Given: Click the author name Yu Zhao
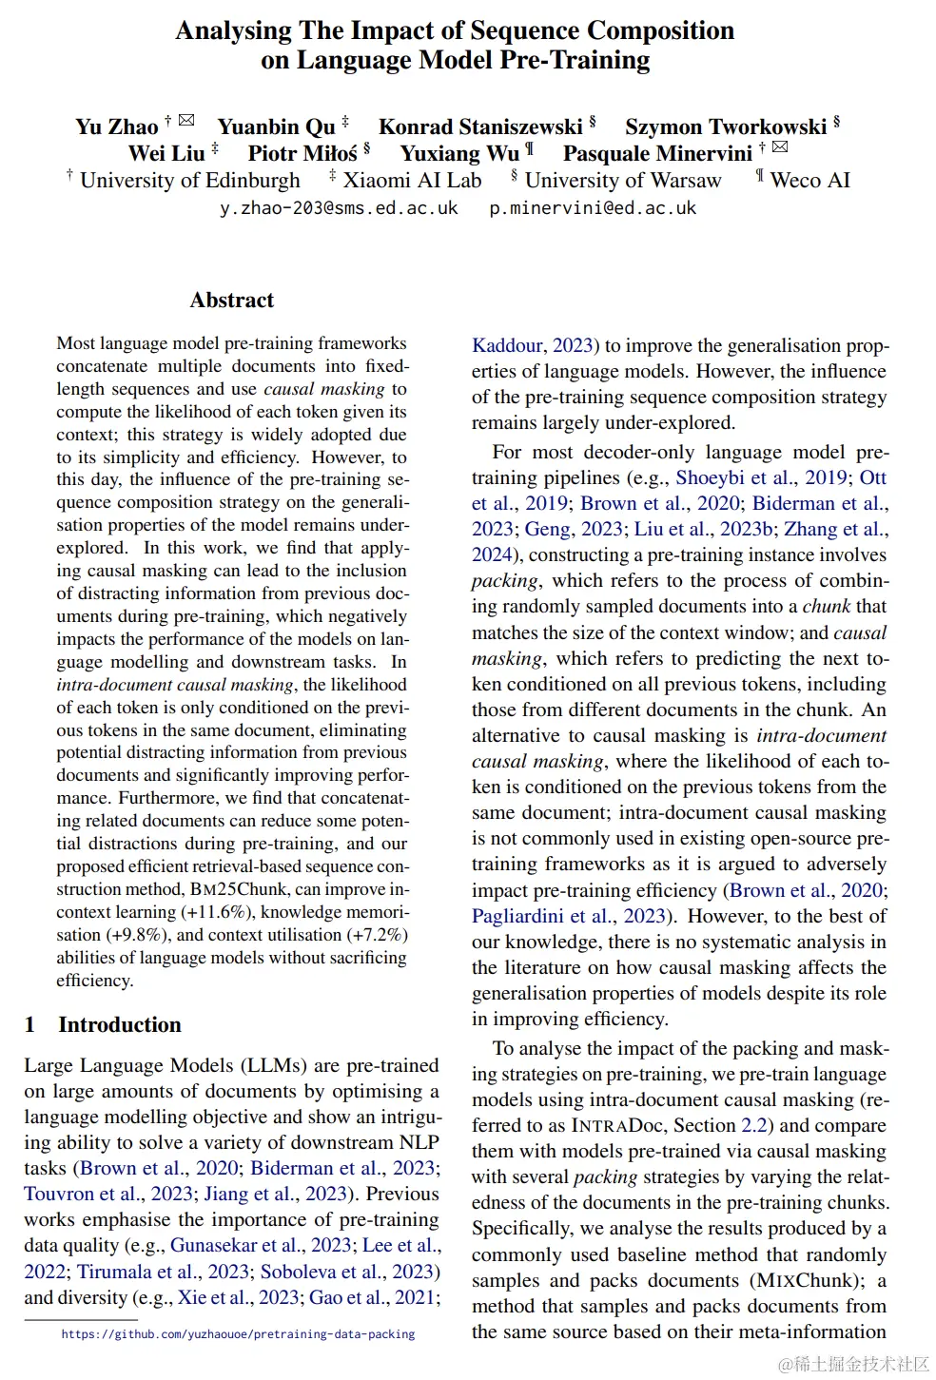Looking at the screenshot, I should pyautogui.click(x=117, y=127).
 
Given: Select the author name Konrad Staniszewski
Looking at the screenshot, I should pyautogui.click(x=480, y=127).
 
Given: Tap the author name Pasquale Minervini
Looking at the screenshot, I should pyautogui.click(x=657, y=154).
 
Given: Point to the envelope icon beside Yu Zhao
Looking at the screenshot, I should pyautogui.click(x=186, y=120).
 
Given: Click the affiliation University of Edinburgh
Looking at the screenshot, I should pyautogui.click(x=189, y=181).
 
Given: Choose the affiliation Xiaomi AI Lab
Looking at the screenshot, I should pyautogui.click(x=412, y=181).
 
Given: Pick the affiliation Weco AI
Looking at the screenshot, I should pyautogui.click(x=809, y=181).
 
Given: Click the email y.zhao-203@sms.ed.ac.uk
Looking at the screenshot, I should pyautogui.click(x=339, y=208).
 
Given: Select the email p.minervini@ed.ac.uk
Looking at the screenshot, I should pyautogui.click(x=593, y=208).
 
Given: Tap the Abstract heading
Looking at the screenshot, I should pyautogui.click(x=231, y=301).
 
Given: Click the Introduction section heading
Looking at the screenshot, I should pyautogui.click(x=119, y=1025).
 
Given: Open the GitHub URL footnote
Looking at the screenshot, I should pyautogui.click(x=238, y=1334).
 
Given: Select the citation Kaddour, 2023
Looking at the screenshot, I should pyautogui.click(x=534, y=345).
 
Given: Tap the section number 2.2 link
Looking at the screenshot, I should pyautogui.click(x=754, y=1125).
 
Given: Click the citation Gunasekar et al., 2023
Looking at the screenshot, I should pyautogui.click(x=261, y=1245).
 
